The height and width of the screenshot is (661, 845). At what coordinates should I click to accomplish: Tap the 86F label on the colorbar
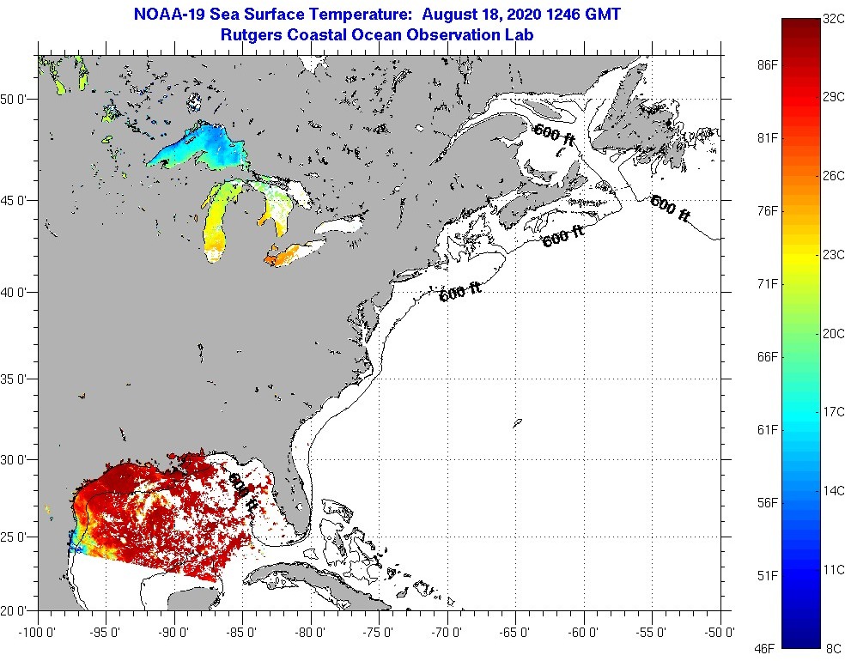(767, 65)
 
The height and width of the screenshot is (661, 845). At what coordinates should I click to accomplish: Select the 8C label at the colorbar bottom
(833, 646)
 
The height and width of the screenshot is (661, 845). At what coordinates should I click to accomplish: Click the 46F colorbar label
(767, 646)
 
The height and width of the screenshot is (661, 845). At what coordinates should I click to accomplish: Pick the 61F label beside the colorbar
(767, 429)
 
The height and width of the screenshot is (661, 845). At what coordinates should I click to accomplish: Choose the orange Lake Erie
(292, 253)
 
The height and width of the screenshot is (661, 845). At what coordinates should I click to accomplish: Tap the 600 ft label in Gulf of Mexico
(241, 494)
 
